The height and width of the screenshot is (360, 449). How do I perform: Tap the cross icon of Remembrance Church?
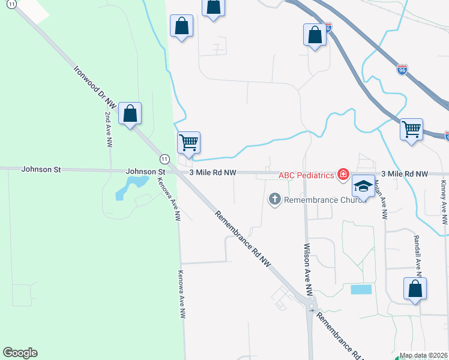[x=275, y=199]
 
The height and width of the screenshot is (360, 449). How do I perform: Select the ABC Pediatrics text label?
[x=305, y=175]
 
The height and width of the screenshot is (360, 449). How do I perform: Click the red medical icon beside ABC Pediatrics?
[x=343, y=175]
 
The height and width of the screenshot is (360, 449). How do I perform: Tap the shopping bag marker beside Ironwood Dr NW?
[x=130, y=114]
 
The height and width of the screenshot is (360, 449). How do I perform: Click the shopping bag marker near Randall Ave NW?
[x=415, y=289]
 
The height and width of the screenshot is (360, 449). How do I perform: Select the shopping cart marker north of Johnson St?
[x=188, y=143]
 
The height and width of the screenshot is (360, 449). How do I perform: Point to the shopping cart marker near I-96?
[x=411, y=129]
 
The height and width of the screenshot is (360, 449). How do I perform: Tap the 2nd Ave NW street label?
[x=109, y=130]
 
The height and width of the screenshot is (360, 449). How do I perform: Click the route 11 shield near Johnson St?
[x=164, y=158]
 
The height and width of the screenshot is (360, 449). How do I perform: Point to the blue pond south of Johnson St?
[x=126, y=187]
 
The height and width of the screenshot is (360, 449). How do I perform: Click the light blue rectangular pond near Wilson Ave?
[x=360, y=289]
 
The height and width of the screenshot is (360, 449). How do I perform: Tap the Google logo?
[x=20, y=353]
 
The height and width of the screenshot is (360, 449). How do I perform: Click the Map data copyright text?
[x=423, y=355]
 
